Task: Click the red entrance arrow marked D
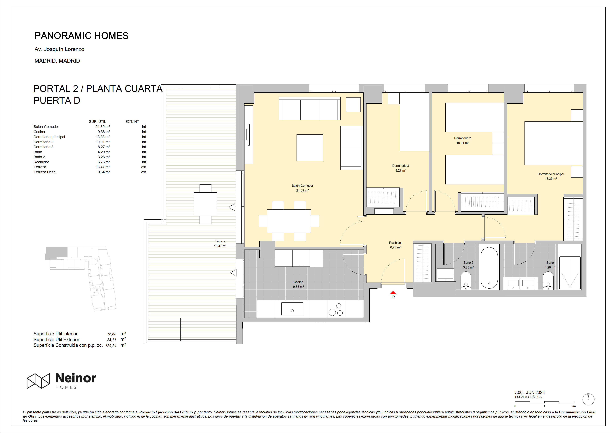coord(393,293)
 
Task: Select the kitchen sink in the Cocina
coord(292,309)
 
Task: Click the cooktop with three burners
coord(336,309)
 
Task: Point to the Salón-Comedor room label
coord(303,186)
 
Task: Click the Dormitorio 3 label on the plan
coord(400,166)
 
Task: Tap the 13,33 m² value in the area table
coord(103,137)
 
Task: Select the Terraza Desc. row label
coord(45,172)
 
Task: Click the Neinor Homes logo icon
coord(38,381)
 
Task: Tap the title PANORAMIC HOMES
coord(81,36)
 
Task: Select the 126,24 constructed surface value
coord(111,346)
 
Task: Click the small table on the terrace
coord(205,204)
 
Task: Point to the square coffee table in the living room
coord(310,148)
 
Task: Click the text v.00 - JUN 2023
coord(529,392)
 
